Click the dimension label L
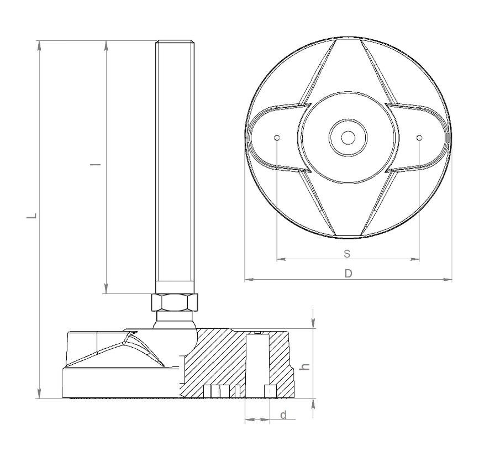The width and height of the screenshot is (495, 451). tap(32, 216)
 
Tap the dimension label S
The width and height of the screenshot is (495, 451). tap(347, 254)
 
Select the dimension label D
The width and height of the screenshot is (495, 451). tap(348, 274)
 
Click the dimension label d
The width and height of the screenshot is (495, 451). tap(283, 415)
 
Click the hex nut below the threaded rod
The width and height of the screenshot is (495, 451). tap(175, 302)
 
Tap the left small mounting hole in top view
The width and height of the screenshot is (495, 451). tap(277, 138)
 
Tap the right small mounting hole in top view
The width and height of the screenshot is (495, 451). tap(419, 138)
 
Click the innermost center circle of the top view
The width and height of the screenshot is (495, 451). tap(348, 138)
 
